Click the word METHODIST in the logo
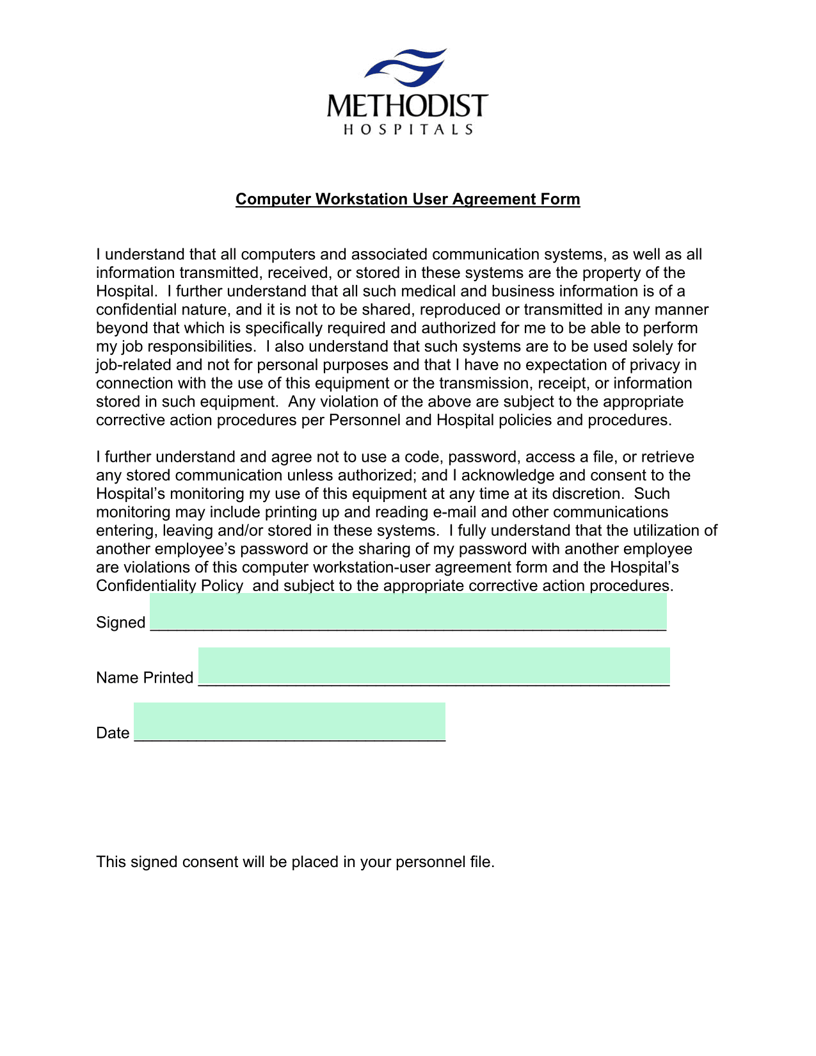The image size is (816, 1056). click(407, 106)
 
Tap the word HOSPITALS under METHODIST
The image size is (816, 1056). click(408, 130)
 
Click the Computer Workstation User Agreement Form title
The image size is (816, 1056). click(408, 199)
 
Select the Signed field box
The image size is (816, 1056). click(408, 612)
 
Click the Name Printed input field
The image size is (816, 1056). click(434, 667)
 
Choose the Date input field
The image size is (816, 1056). click(289, 722)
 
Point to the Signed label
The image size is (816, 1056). click(121, 622)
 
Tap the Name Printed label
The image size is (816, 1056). click(145, 678)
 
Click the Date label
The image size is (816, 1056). click(113, 733)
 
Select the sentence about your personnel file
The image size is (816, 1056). click(295, 862)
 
